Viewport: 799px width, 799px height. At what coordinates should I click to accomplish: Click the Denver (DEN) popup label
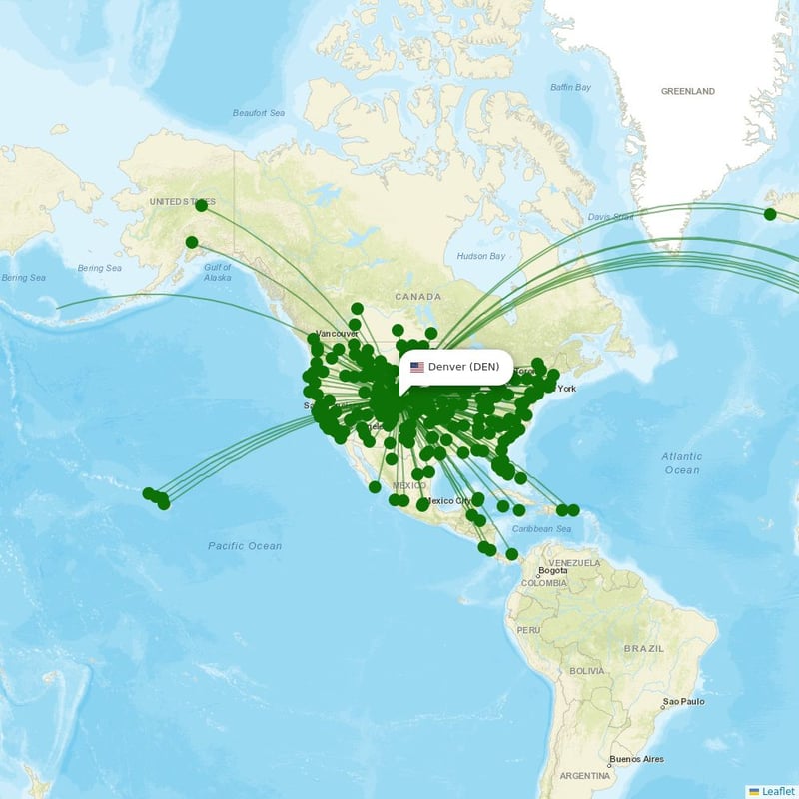click(x=463, y=367)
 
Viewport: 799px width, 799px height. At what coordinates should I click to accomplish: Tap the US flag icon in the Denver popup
click(x=416, y=367)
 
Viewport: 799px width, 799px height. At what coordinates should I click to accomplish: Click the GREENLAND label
click(x=687, y=91)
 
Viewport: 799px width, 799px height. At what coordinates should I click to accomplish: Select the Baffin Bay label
click(x=570, y=87)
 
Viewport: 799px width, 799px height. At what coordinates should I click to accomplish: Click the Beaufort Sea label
click(x=259, y=113)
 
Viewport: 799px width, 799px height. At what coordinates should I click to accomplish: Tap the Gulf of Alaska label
click(x=217, y=272)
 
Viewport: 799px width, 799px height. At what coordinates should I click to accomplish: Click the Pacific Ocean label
click(x=245, y=546)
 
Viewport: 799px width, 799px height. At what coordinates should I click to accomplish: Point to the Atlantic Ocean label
click(x=682, y=462)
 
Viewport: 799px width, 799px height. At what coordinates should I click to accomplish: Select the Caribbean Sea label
click(x=542, y=529)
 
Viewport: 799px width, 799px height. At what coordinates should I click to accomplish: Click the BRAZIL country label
click(x=643, y=648)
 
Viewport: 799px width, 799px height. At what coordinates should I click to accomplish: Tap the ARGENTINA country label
click(x=584, y=775)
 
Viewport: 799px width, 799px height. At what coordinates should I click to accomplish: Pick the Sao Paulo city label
click(x=682, y=701)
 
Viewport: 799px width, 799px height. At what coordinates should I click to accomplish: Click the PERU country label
click(x=528, y=630)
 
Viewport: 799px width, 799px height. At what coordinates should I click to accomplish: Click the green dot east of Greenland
click(x=770, y=214)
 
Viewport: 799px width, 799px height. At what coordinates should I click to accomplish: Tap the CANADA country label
click(x=417, y=297)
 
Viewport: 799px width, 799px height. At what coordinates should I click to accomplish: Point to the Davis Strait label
click(x=610, y=216)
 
